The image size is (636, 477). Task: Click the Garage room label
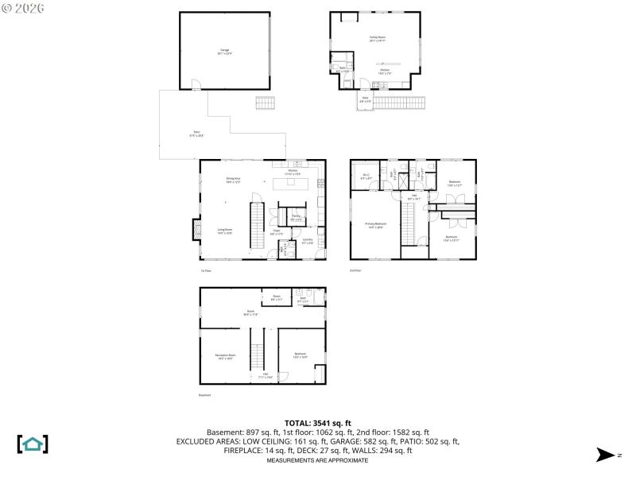[x=225, y=52]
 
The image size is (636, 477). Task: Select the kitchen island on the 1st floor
[x=293, y=183]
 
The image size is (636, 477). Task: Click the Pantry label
[x=295, y=217]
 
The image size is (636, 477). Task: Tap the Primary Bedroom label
[x=375, y=226]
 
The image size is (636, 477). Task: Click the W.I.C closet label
[x=366, y=177]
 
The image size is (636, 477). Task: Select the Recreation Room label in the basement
[x=225, y=356]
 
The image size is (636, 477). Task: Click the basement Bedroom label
[x=301, y=355]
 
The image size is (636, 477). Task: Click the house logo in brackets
[x=33, y=444]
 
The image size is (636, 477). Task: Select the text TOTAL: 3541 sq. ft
[x=317, y=423]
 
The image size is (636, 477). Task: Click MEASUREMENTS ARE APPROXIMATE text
[x=317, y=460]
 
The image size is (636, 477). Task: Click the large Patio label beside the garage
[x=196, y=134]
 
